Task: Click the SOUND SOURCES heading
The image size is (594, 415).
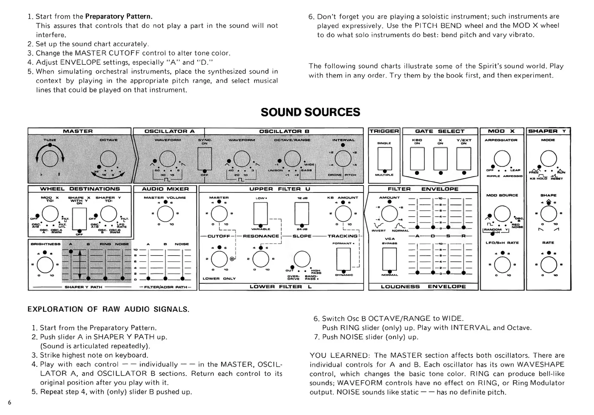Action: tap(310, 112)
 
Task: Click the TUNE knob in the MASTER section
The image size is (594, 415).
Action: tap(50, 158)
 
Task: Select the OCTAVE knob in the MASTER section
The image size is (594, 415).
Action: tap(108, 159)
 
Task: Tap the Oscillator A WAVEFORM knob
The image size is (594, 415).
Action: tap(168, 159)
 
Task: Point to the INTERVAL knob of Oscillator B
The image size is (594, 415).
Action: tap(343, 159)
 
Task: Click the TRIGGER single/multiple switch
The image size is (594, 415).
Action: tap(384, 159)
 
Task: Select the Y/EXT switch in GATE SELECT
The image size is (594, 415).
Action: tap(463, 159)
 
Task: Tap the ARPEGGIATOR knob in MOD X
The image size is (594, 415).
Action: tap(502, 158)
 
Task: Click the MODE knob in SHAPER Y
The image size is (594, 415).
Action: tap(548, 158)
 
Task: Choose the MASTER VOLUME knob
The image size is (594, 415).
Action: tap(165, 214)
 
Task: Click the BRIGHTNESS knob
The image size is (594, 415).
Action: tap(45, 264)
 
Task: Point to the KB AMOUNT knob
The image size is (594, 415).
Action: tap(343, 214)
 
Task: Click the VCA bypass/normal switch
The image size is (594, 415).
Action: tap(389, 259)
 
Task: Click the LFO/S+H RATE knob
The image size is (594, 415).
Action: tap(502, 264)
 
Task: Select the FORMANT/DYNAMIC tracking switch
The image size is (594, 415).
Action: tap(344, 259)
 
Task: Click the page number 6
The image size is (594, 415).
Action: tap(10, 403)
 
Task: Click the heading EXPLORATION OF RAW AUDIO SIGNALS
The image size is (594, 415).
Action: tap(108, 310)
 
